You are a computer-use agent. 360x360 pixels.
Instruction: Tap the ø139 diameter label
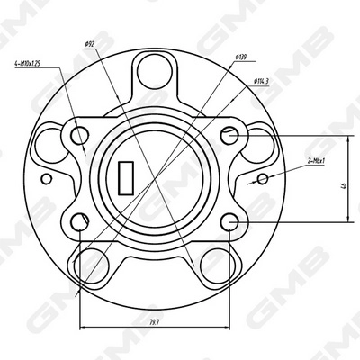(240, 58)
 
